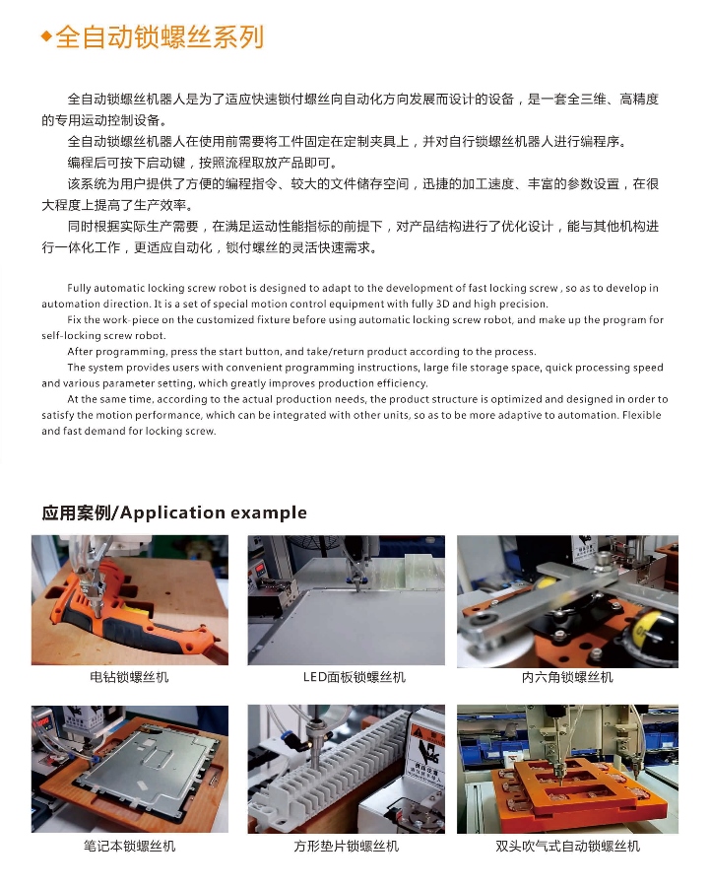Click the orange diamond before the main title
pos(47,36)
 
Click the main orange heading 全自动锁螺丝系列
pos(160,36)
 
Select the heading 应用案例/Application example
pos(174,512)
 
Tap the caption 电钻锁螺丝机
pos(129,676)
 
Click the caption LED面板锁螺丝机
pos(355,676)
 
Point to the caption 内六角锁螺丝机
pos(567,676)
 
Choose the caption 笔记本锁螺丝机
pos(129,846)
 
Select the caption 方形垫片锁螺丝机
pos(346,846)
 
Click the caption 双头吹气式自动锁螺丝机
pos(567,846)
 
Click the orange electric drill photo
pos(129,599)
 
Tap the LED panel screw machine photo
pos(346,599)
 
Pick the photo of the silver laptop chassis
pos(129,769)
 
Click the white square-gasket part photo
pos(346,769)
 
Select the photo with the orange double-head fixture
pos(567,769)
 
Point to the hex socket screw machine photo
pos(567,601)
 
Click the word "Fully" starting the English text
pos(79,288)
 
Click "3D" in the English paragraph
pos(442,304)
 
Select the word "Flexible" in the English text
pos(642,415)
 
